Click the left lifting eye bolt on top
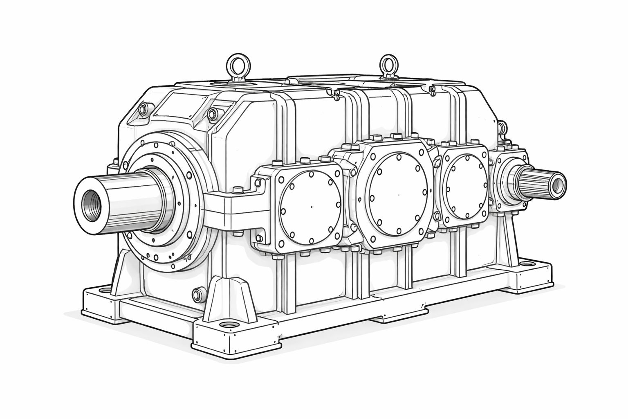pyautogui.click(x=236, y=65)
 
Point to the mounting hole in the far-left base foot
pyautogui.click(x=105, y=291)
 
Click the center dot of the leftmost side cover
pyautogui.click(x=311, y=206)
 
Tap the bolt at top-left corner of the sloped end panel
pyautogui.click(x=143, y=109)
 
